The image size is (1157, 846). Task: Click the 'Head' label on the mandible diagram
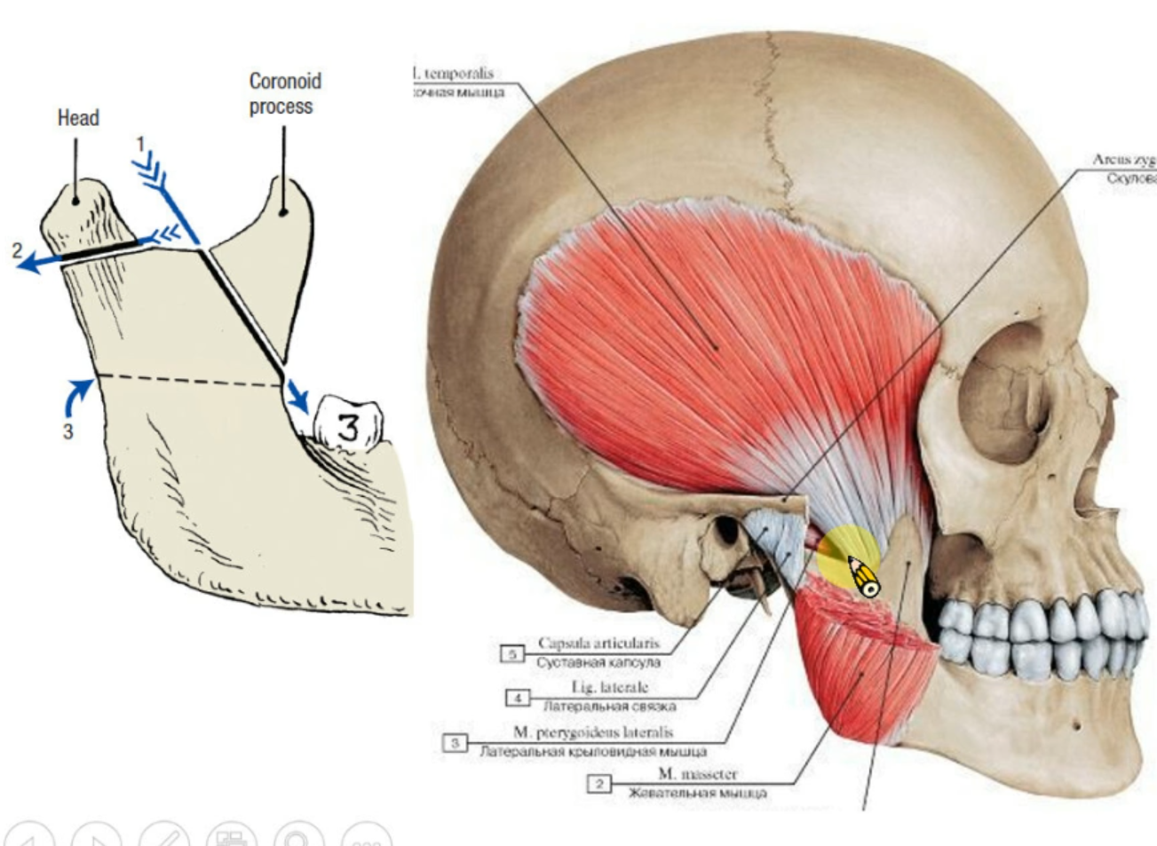pyautogui.click(x=78, y=118)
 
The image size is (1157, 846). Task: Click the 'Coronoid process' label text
pyautogui.click(x=284, y=93)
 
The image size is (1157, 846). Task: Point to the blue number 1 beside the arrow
pyautogui.click(x=139, y=143)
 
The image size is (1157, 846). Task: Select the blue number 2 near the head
pyautogui.click(x=16, y=250)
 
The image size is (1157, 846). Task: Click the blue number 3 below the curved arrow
pyautogui.click(x=67, y=432)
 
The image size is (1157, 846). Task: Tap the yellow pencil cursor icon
pyautogui.click(x=861, y=576)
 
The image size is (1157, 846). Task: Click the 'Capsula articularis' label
pyautogui.click(x=598, y=644)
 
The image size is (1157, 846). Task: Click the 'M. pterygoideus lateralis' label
pyautogui.click(x=593, y=732)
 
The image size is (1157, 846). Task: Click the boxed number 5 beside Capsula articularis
pyautogui.click(x=512, y=654)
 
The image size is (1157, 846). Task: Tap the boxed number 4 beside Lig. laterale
pyautogui.click(x=518, y=698)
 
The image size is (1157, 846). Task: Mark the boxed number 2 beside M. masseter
pyautogui.click(x=600, y=783)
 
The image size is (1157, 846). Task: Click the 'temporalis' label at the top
pyautogui.click(x=458, y=75)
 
